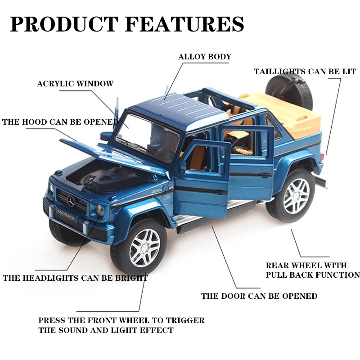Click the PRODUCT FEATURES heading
127,24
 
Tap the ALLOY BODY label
205,57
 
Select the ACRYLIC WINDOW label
75,84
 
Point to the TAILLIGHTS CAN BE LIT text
305,72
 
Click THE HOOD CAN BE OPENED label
61,122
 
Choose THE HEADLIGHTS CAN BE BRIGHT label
76,278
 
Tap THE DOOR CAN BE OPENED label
260,296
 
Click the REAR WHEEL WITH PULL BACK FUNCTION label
313,270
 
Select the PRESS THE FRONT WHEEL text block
121,325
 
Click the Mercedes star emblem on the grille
71,201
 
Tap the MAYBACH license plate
66,215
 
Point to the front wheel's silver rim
144,248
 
